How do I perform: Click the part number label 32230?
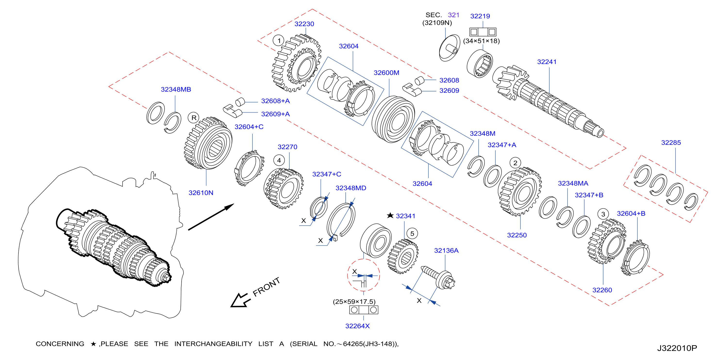[x=304, y=24]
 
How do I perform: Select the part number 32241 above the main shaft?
[x=547, y=62]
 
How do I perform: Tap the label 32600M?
[x=386, y=73]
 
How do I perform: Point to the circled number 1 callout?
[x=279, y=41]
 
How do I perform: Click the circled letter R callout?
[x=194, y=118]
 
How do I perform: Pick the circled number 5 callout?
[x=412, y=234]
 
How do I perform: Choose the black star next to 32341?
[x=390, y=215]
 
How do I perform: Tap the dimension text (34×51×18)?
[x=481, y=41]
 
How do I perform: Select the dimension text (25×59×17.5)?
[x=354, y=302]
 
